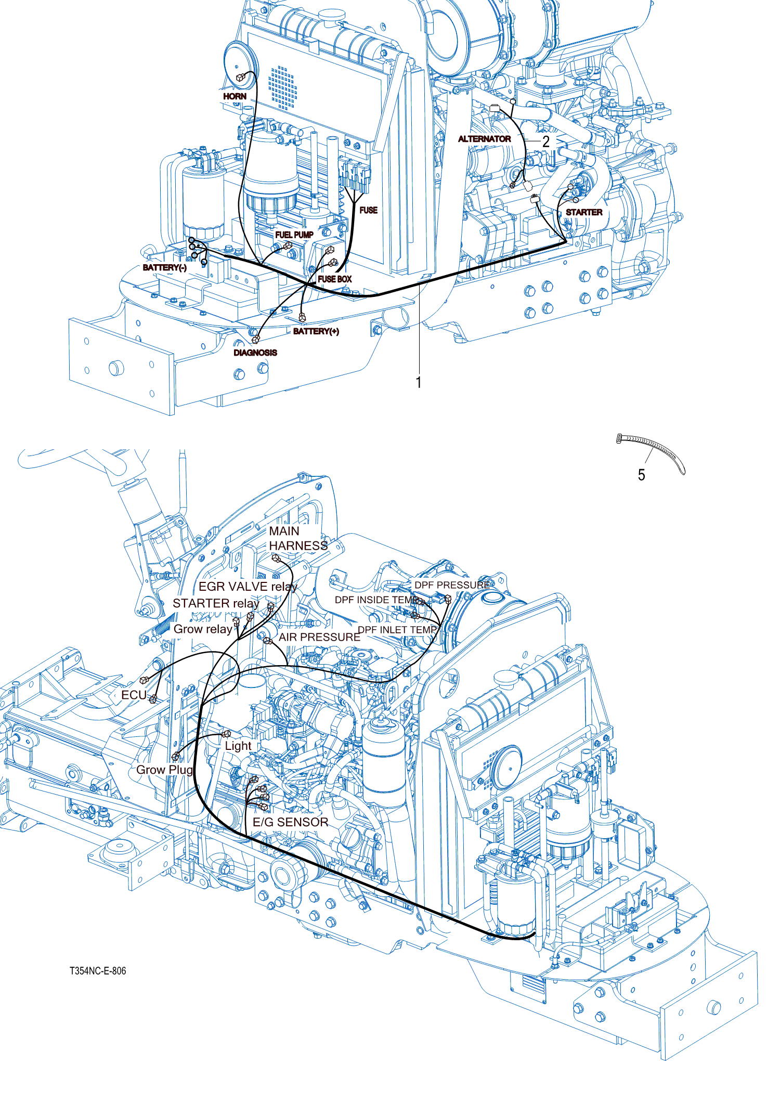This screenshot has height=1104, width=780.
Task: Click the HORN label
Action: [x=235, y=96]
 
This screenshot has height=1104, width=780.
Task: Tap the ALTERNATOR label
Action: [x=484, y=139]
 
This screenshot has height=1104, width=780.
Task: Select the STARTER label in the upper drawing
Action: [x=584, y=212]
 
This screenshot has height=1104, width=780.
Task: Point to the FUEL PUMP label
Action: [x=294, y=235]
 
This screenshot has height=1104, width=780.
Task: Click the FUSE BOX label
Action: [x=334, y=279]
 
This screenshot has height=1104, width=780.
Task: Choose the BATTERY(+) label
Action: [x=316, y=331]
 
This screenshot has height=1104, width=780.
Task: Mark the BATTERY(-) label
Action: [x=164, y=267]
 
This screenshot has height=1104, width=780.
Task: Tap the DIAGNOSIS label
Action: [x=255, y=353]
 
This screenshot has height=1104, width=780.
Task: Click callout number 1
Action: [x=419, y=383]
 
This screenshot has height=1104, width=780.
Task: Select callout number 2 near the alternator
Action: [x=545, y=141]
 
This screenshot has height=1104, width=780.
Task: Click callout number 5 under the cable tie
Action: [x=641, y=475]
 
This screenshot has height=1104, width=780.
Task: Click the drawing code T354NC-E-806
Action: [x=98, y=971]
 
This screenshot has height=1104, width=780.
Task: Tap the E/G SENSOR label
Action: [x=290, y=822]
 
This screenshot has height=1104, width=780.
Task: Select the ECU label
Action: [x=134, y=695]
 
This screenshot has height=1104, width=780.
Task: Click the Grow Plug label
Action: [x=164, y=770]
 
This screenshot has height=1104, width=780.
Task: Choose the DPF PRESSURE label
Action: [x=451, y=585]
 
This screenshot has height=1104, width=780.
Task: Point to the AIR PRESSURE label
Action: [x=319, y=637]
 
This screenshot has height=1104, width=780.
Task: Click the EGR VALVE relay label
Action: [x=248, y=587]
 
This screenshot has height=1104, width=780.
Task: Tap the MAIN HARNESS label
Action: [x=297, y=538]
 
